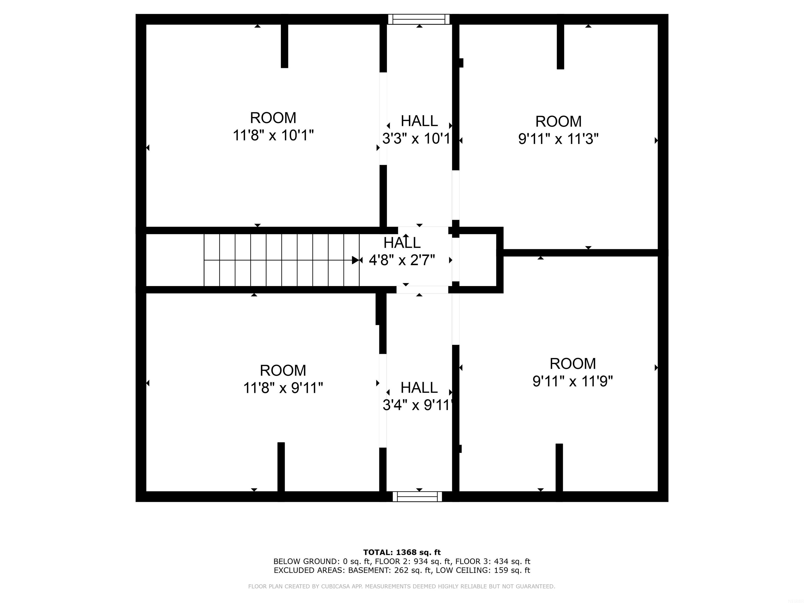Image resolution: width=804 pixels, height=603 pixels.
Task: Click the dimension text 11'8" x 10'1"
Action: pos(273,136)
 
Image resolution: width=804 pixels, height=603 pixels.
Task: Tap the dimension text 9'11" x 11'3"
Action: pos(558,139)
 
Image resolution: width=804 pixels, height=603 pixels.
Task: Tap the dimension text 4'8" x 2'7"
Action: pos(402,260)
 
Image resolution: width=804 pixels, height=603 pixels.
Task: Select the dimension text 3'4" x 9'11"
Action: pos(418,405)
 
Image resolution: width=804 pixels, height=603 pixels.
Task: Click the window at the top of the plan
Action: pos(419,19)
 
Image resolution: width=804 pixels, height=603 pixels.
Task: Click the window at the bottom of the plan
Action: pos(417,496)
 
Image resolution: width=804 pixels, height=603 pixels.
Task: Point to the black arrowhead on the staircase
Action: pos(355,260)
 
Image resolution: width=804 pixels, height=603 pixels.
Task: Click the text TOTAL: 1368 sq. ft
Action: pos(402,552)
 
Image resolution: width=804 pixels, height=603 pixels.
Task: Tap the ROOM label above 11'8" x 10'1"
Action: pos(273,118)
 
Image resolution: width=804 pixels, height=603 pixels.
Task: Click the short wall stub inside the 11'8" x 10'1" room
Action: pos(284,46)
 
